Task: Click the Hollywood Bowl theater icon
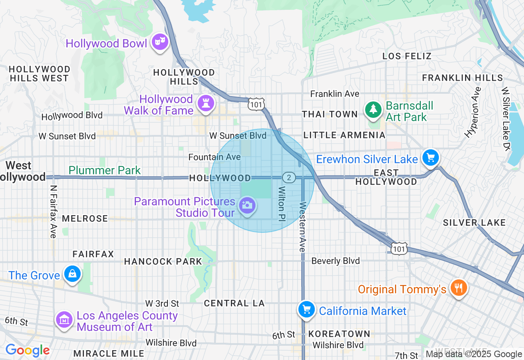tap(160, 41)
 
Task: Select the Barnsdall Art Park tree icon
tap(373, 110)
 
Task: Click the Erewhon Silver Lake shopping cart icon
tap(430, 157)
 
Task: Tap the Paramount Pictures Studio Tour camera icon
tap(247, 205)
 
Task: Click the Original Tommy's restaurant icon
tap(458, 288)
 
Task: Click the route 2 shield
tap(289, 177)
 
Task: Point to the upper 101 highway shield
tap(256, 104)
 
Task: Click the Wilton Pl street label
tap(282, 205)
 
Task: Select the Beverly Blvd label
tap(335, 261)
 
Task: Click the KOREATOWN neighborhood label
tap(339, 334)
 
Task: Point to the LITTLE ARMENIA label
tap(344, 135)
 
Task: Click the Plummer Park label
tap(104, 170)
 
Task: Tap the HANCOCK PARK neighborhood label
tap(163, 261)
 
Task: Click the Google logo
tap(27, 350)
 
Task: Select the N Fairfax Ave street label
tap(53, 211)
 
